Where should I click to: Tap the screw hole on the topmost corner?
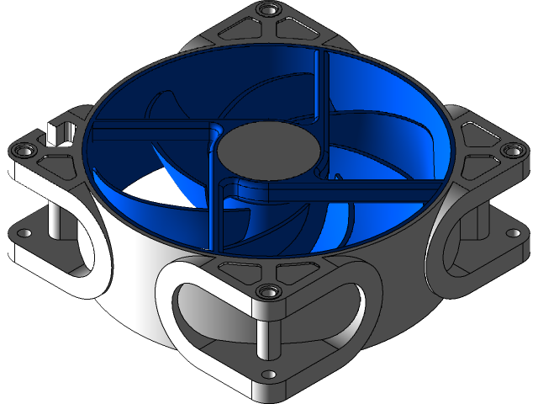coord(269,9)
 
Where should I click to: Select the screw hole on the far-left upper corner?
coord(24,150)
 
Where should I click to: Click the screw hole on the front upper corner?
coord(269,291)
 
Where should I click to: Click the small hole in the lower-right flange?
coord(509,233)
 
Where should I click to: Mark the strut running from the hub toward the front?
coord(217,215)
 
